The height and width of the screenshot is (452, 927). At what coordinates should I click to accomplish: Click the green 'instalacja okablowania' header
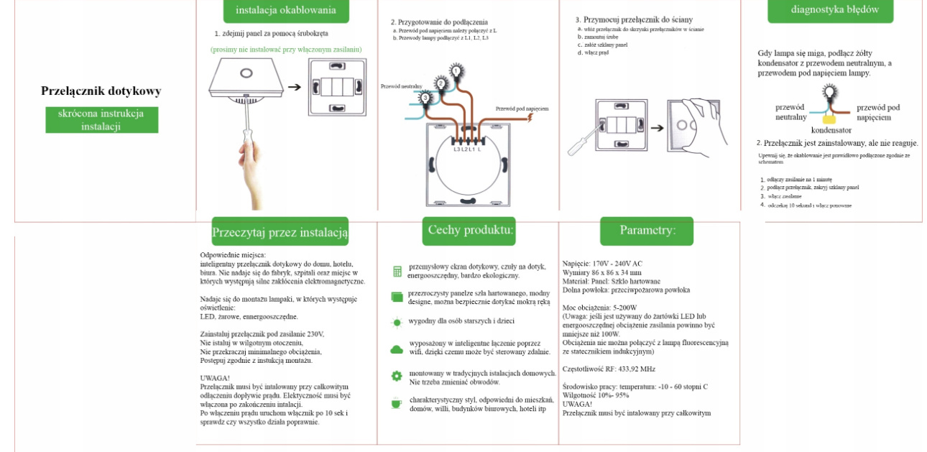[x=286, y=10]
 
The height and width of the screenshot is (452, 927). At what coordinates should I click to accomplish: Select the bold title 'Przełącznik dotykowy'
[x=101, y=91]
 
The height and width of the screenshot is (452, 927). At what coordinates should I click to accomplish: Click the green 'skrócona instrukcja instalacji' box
[x=101, y=120]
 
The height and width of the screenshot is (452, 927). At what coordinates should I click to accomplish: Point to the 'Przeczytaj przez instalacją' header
[x=280, y=232]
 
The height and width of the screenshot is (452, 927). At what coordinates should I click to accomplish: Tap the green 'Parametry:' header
[x=647, y=231]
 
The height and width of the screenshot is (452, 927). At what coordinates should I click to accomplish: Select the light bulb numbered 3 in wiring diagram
[x=425, y=98]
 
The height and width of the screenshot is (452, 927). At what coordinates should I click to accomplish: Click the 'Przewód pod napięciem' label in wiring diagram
[x=522, y=109]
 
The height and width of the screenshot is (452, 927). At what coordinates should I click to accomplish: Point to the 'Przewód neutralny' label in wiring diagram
[x=401, y=86]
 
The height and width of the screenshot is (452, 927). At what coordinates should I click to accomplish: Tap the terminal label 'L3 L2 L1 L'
[x=467, y=149]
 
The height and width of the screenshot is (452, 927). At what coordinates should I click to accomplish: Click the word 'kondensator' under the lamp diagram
[x=831, y=130]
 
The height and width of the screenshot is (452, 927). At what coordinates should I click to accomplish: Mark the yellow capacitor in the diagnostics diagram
[x=830, y=117]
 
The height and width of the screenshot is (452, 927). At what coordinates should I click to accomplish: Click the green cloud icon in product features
[x=397, y=349]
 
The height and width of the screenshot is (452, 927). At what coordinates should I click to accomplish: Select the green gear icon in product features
[x=397, y=376]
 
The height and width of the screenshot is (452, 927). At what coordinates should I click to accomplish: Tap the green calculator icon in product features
[x=397, y=271]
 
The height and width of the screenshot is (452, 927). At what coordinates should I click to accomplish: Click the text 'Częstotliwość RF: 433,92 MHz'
[x=609, y=369]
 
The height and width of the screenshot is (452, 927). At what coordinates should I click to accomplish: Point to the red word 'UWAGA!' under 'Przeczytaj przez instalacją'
[x=215, y=377]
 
